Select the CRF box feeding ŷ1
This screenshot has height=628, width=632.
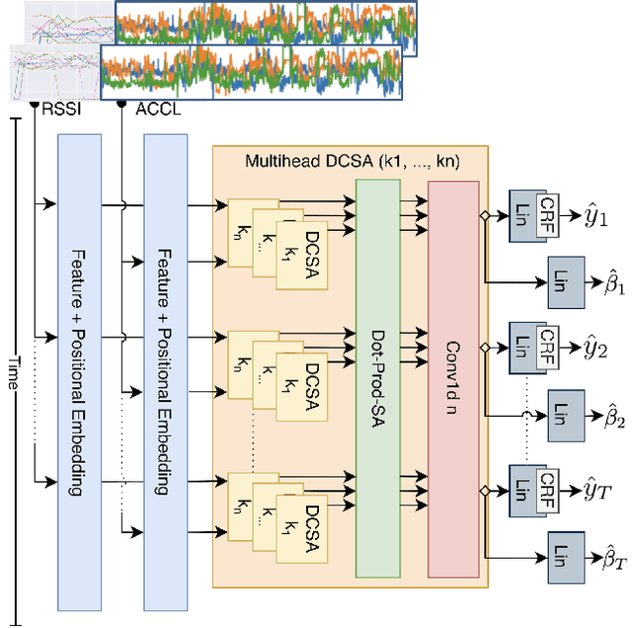point(547,213)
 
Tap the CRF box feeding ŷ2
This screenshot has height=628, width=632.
point(547,345)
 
